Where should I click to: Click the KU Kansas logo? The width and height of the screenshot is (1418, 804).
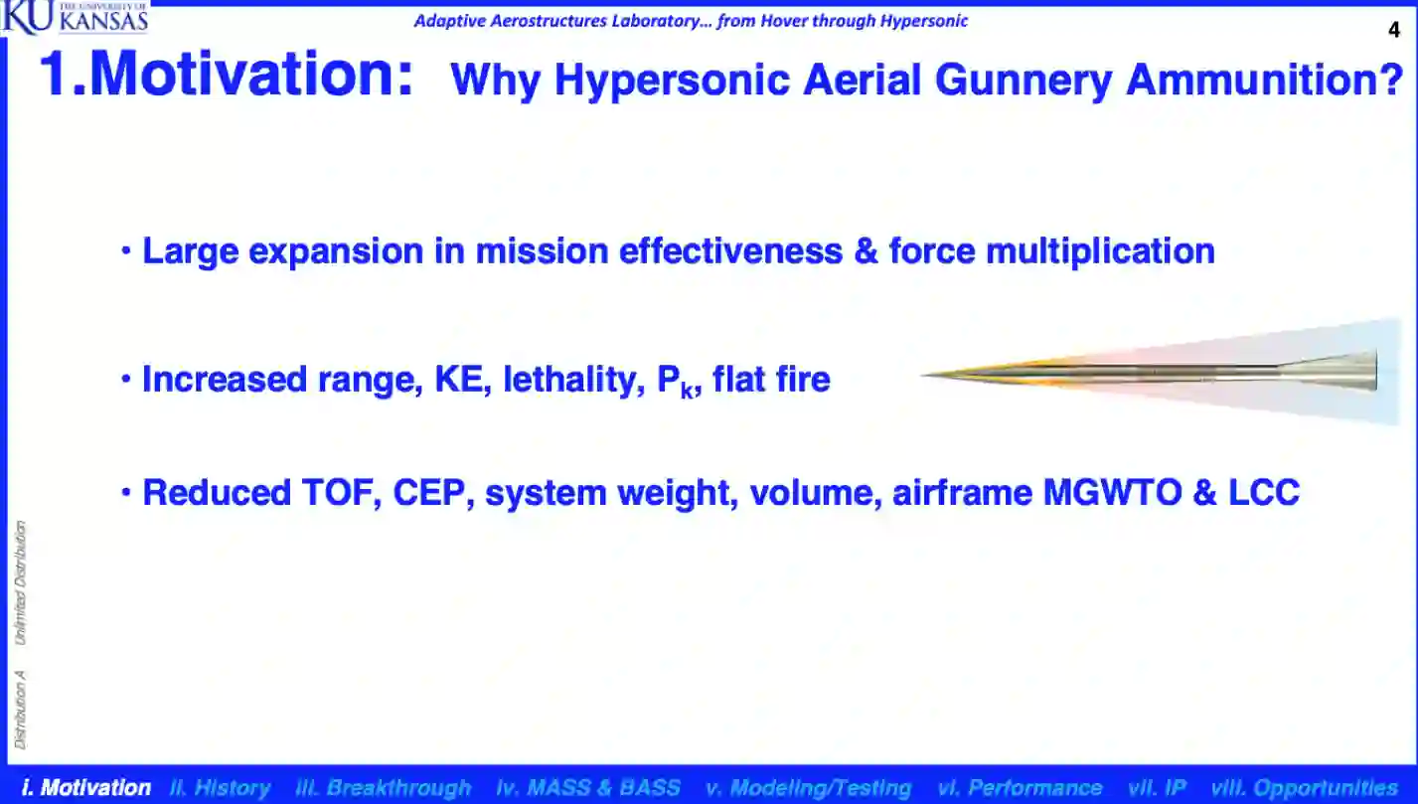tap(75, 17)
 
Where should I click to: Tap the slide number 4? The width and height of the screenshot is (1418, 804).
tap(1394, 30)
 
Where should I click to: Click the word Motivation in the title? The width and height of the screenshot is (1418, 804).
tap(252, 75)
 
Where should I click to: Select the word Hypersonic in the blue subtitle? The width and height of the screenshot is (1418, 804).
tap(673, 80)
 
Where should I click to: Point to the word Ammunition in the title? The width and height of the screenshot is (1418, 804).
tap(1265, 80)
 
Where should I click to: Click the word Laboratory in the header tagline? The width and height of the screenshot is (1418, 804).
tap(662, 21)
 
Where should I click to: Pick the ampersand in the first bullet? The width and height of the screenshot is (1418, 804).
tap(866, 251)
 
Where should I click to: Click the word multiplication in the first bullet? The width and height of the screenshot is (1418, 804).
tap(1100, 252)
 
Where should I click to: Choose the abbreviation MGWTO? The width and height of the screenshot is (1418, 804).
tap(1112, 493)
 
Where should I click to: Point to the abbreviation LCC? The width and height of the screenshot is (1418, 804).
tap(1264, 493)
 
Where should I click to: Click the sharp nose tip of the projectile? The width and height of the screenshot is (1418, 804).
tap(923, 375)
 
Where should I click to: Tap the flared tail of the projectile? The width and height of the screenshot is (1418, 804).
tap(1329, 371)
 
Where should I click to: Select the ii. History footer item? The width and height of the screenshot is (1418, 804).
tap(221, 787)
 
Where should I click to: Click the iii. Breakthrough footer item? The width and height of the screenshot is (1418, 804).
tap(384, 787)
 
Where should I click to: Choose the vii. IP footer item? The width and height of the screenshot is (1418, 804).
tap(1157, 787)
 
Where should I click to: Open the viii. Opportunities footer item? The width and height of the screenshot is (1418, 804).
tap(1304, 787)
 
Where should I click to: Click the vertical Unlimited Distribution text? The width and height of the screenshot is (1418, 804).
tap(20, 582)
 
